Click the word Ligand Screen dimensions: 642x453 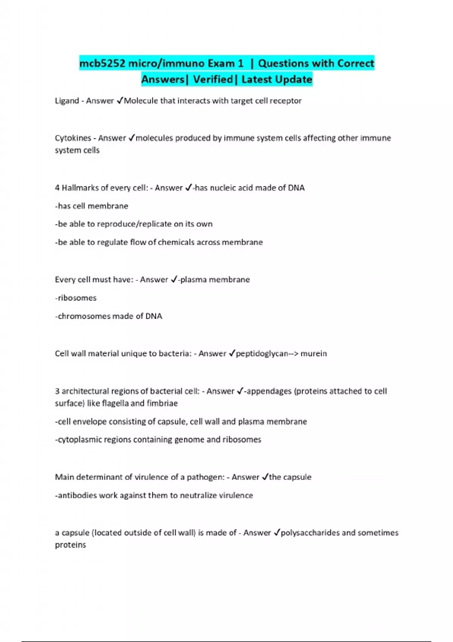pyautogui.click(x=67, y=101)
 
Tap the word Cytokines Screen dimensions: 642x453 pyautogui.click(x=73, y=138)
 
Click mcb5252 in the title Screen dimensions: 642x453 pyautogui.click(x=102, y=63)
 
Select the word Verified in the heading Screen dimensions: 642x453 pyautogui.click(x=213, y=79)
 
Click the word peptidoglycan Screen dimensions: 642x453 pyautogui.click(x=262, y=353)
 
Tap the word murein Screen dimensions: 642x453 pyautogui.click(x=314, y=353)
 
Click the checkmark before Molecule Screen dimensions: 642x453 pyautogui.click(x=120, y=100)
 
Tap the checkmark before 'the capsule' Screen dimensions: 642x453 pyautogui.click(x=265, y=477)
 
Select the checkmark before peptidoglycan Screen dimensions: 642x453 pyautogui.click(x=232, y=353)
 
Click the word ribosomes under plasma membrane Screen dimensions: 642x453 pyautogui.click(x=77, y=298)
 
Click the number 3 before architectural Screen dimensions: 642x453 pyautogui.click(x=57, y=391)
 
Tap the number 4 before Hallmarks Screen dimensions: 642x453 pyautogui.click(x=57, y=188)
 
